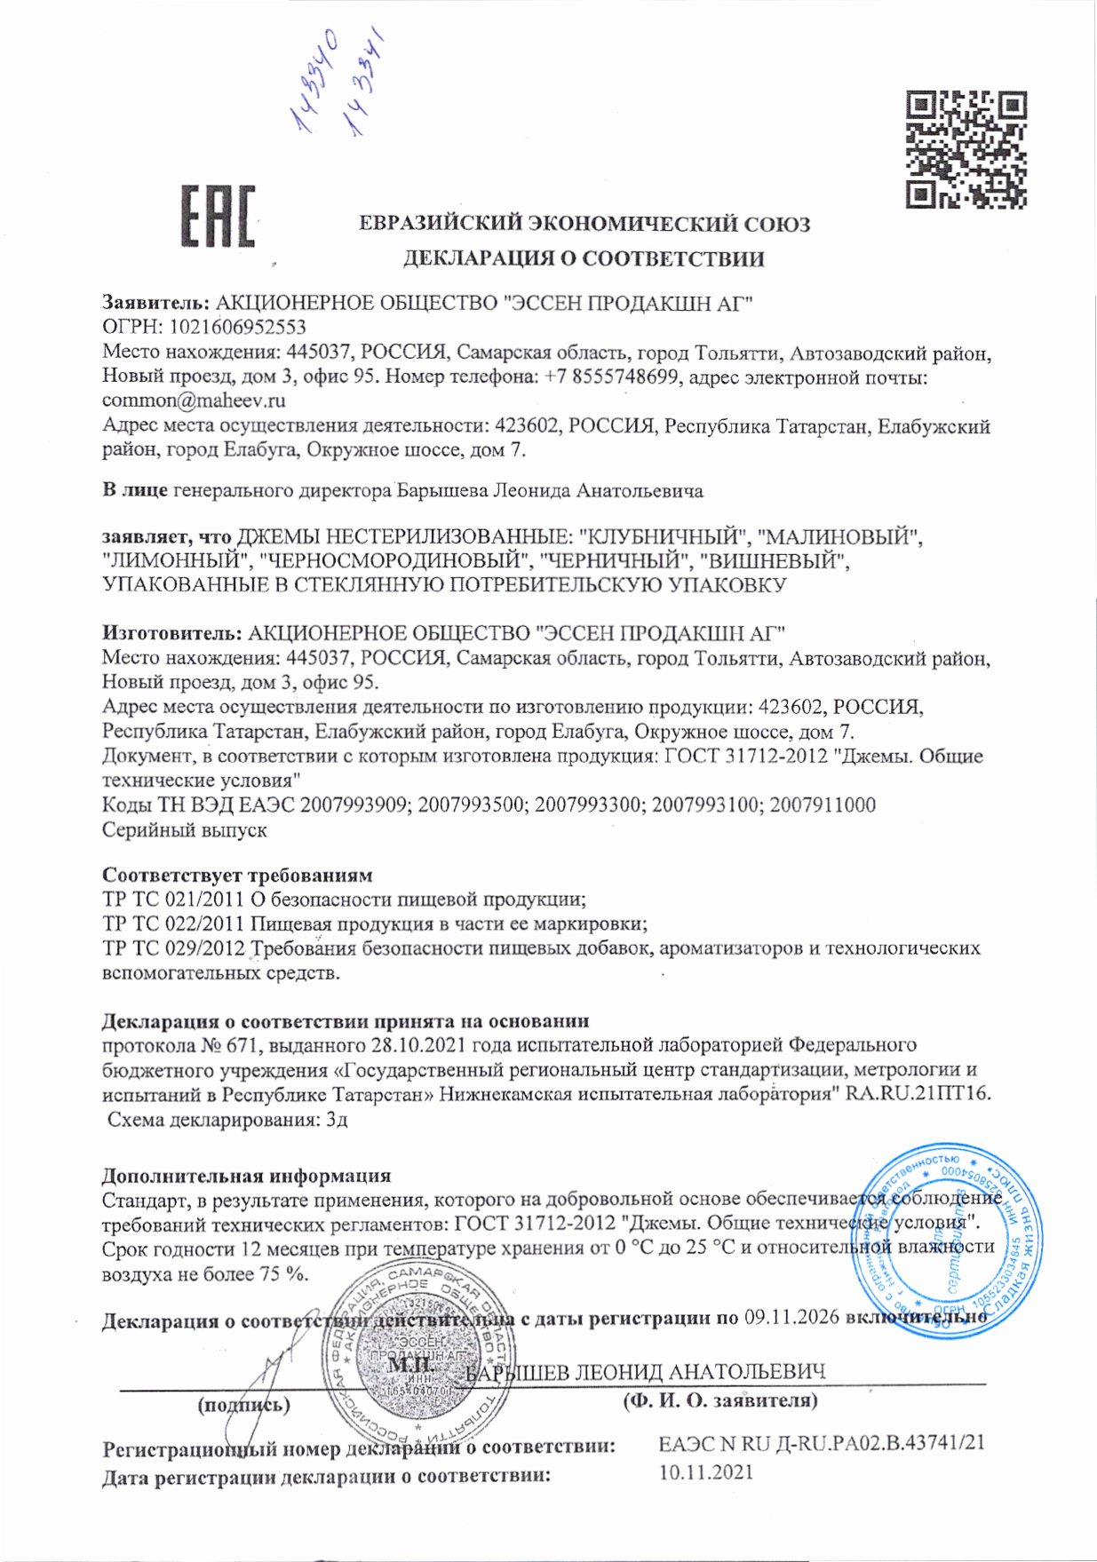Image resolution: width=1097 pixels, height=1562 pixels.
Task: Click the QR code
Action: (x=966, y=149)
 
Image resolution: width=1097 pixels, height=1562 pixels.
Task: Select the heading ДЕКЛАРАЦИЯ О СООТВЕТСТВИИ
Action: (x=584, y=258)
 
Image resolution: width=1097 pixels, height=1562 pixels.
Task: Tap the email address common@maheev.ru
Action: (x=194, y=400)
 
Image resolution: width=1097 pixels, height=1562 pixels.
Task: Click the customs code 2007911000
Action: (x=823, y=805)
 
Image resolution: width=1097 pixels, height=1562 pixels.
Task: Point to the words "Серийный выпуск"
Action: (x=185, y=830)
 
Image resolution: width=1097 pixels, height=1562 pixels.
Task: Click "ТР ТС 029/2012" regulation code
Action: (x=173, y=948)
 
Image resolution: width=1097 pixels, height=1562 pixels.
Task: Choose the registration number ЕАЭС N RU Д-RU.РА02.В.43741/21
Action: (x=822, y=1443)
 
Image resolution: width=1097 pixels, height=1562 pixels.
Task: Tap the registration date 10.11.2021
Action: (x=706, y=1472)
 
